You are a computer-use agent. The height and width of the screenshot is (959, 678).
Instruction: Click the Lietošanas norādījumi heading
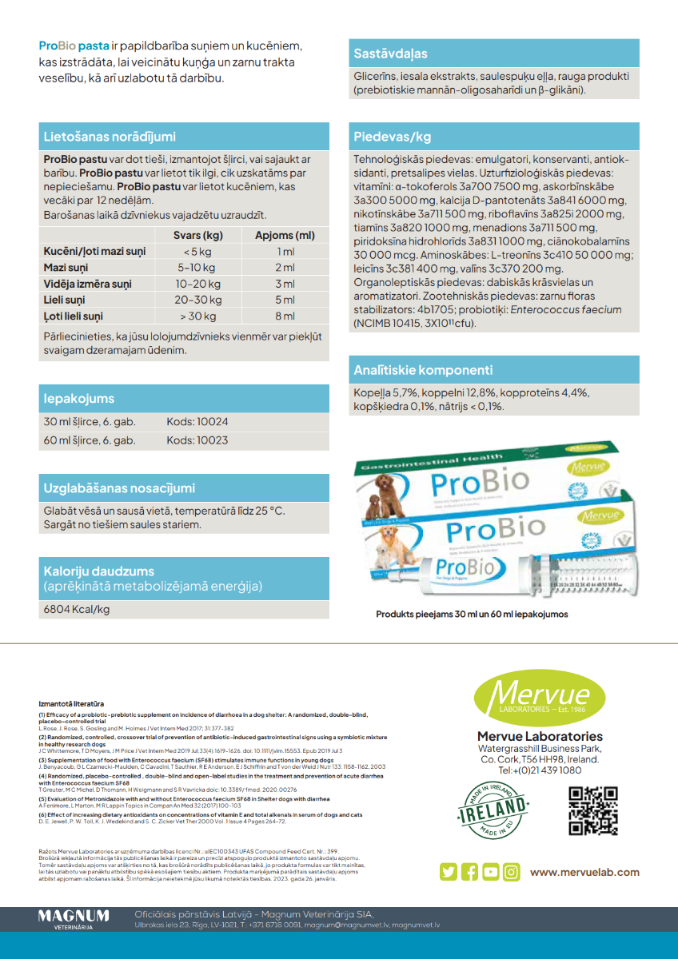pos(110,137)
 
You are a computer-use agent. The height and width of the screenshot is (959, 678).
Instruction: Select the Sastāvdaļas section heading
pos(390,54)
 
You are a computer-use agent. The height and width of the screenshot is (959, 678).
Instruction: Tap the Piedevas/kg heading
pos(392,137)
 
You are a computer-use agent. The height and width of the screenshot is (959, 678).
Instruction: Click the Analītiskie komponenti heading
pos(423,370)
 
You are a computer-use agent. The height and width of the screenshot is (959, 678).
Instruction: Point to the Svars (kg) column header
pos(197,235)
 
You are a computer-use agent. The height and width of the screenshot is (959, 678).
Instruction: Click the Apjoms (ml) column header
pos(285,235)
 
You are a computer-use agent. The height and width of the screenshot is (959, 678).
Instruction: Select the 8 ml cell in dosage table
pos(285,316)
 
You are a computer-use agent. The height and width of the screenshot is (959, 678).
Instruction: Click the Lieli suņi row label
pos(64,300)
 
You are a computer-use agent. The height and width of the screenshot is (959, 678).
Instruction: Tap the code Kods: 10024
pos(197,421)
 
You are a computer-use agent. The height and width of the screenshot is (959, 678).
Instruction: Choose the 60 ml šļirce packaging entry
pos(90,440)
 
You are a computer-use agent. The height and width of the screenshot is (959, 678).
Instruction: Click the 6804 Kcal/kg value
pos(77,609)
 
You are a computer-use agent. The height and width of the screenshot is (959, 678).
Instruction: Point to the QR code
pos(592,810)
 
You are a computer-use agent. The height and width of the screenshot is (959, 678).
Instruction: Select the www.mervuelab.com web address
pos(584,872)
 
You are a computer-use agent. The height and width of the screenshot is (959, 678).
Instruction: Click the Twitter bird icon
pos(449,872)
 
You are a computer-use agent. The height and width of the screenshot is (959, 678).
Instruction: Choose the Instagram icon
pos(511,872)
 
